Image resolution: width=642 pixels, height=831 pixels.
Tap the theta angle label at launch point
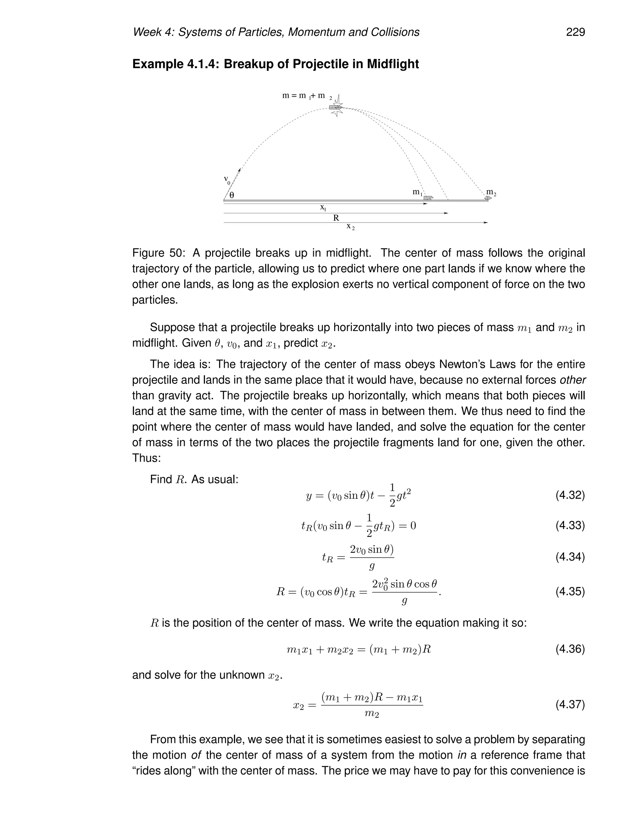[232, 195]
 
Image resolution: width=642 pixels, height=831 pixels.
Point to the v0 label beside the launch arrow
[227, 180]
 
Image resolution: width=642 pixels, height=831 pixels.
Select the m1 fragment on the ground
[428, 198]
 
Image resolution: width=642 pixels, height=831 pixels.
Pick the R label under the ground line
[336, 218]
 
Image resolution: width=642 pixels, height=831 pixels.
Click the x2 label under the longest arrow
[350, 227]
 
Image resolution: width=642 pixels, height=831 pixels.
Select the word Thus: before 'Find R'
[146, 458]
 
